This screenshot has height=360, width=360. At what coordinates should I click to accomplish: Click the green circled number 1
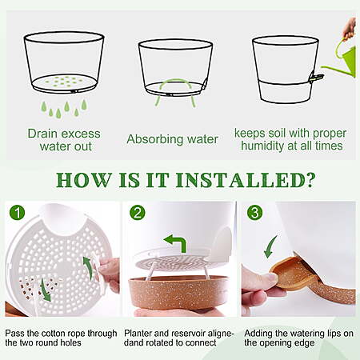pos(18,213)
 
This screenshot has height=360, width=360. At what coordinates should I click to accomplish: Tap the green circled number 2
pos(138,213)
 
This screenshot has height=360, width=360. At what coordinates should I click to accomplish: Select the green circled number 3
pos(254,213)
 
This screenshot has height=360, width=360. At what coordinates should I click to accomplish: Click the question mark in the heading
pos(310,180)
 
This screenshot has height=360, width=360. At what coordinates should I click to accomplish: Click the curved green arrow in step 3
pos(270,247)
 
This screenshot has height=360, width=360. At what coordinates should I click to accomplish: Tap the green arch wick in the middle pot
pos(175,82)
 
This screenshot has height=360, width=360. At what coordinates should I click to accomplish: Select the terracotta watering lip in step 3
pos(296,274)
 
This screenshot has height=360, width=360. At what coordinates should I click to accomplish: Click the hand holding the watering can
pos(350,29)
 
